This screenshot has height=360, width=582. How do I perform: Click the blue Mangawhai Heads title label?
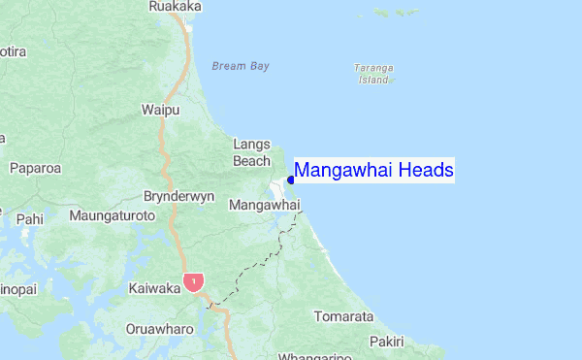[373, 171]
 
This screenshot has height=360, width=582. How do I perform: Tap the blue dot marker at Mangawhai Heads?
[290, 180]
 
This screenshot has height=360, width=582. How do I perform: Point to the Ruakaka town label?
[176, 7]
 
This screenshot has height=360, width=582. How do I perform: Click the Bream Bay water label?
[240, 66]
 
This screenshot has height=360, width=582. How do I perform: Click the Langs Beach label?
[251, 152]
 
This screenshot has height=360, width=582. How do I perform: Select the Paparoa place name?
[35, 168]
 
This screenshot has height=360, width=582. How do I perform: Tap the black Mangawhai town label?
[263, 206]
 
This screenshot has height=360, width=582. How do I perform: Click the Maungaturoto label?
[112, 213]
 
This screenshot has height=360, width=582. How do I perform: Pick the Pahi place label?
[29, 219]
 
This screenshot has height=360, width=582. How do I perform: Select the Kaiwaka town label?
[154, 288]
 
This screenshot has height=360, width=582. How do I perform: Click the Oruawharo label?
[159, 328]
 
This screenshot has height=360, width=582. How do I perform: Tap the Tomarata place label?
[343, 317]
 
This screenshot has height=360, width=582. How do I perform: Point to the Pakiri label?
[387, 342]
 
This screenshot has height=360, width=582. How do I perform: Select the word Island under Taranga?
[374, 81]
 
